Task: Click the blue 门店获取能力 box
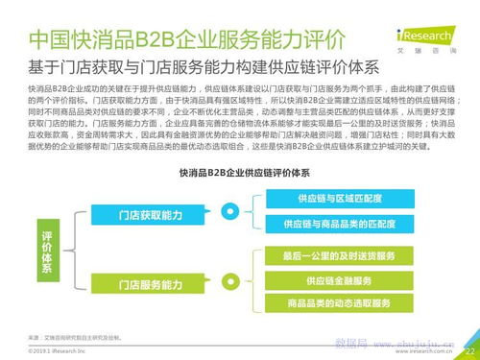click(x=150, y=215)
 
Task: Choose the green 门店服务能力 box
click(x=150, y=285)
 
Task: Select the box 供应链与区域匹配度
click(x=338, y=199)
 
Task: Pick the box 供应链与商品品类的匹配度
click(x=338, y=224)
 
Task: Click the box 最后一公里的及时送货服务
click(x=338, y=257)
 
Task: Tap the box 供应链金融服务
click(x=338, y=280)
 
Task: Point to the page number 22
click(x=469, y=352)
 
